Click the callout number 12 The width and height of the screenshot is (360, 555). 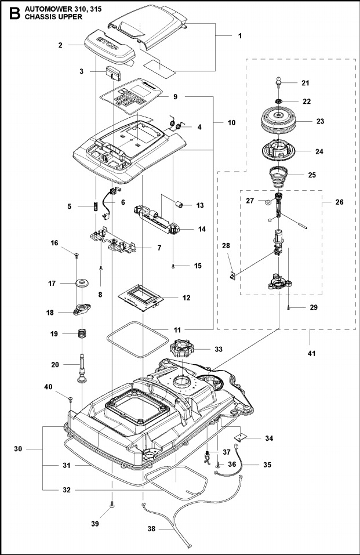[186, 298]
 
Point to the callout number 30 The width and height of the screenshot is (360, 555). [18, 449]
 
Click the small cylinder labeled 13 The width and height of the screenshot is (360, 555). [180, 205]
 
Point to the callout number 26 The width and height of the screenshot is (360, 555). [340, 202]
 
